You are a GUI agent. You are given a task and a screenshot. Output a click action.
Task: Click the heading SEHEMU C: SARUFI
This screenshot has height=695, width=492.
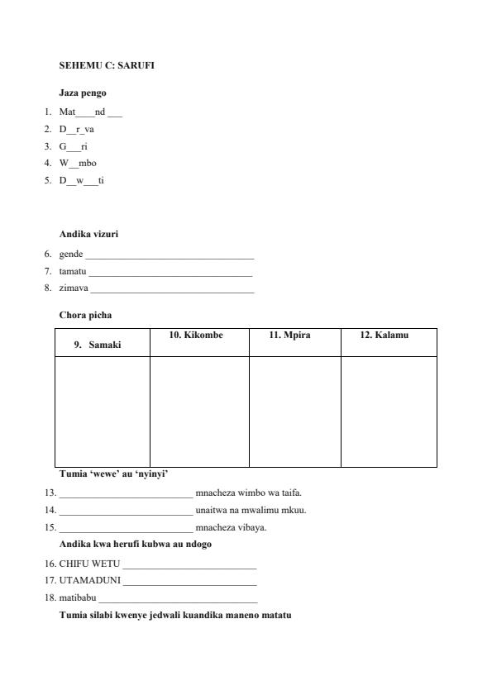(107, 64)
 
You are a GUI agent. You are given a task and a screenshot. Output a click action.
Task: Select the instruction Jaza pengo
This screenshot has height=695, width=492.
(83, 93)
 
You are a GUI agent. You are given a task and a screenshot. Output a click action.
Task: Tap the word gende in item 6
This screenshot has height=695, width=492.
(71, 255)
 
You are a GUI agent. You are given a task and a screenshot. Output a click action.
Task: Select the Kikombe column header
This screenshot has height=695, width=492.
(196, 336)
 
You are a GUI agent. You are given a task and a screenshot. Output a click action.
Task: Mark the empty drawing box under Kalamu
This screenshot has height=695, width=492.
(389, 411)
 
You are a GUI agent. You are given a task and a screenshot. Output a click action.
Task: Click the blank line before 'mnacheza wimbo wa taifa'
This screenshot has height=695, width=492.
(126, 494)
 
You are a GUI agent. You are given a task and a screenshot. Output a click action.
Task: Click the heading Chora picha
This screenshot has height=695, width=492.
(85, 315)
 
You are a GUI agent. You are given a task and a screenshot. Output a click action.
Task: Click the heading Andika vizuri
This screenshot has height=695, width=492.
(88, 234)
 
